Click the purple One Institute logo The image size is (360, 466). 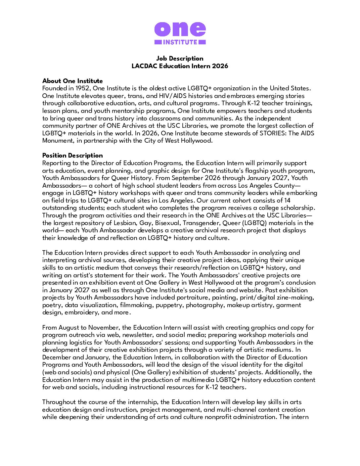180,33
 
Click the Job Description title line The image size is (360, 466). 180,59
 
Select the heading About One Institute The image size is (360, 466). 72,81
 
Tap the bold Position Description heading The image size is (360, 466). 72,156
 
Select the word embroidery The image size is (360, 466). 81,312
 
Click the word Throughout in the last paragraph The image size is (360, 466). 59,402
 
